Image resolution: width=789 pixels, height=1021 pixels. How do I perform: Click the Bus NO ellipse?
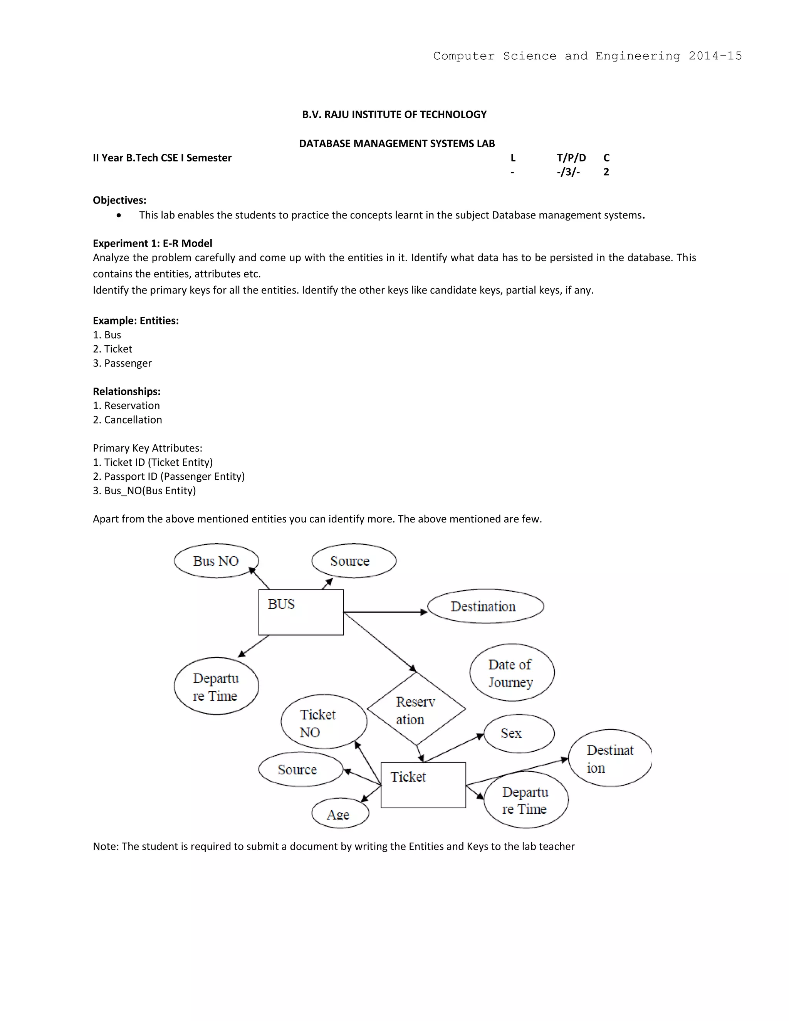point(216,561)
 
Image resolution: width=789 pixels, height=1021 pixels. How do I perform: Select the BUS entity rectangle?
point(301,613)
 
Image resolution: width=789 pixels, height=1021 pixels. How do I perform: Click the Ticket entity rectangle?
point(423,785)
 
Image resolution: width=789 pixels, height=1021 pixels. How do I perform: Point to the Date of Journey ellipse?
point(512,673)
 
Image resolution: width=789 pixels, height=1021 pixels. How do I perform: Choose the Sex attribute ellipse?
point(519,733)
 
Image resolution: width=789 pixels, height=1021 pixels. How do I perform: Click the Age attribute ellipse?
point(340,814)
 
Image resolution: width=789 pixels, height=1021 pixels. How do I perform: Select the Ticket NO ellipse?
point(324,722)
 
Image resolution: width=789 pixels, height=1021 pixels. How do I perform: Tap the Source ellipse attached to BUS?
point(354,561)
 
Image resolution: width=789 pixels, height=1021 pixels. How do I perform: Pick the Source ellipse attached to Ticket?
point(300,769)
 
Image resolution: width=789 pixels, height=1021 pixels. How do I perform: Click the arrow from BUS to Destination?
point(386,612)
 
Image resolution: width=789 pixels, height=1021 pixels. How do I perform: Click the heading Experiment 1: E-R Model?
point(153,243)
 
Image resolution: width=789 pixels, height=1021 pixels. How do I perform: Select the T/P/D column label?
point(571,158)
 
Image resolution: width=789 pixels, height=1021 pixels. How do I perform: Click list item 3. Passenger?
point(122,363)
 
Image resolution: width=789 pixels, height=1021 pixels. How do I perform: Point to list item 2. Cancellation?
point(127,420)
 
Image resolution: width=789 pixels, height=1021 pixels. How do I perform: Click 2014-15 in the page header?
point(715,56)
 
